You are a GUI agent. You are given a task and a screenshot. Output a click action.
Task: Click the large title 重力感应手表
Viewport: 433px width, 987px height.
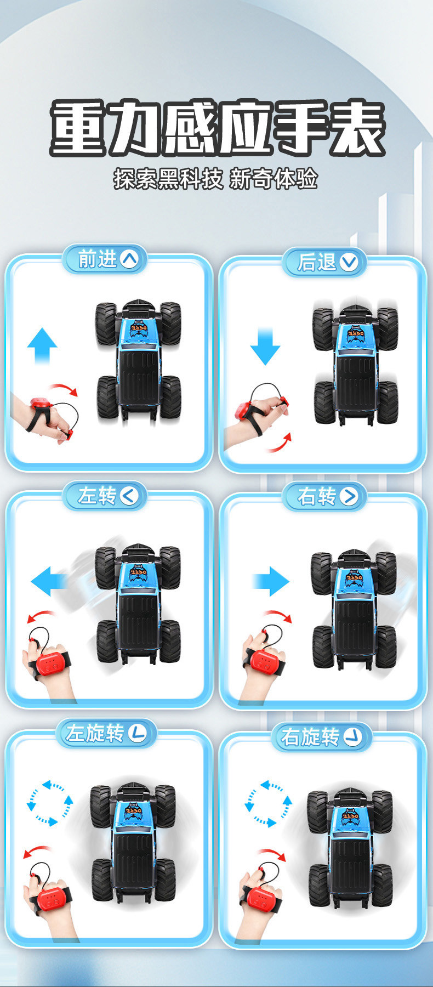click(218, 128)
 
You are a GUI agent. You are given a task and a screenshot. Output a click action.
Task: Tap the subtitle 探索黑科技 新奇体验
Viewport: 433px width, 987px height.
click(216, 179)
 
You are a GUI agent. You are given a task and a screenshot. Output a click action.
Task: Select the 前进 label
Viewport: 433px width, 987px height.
click(98, 259)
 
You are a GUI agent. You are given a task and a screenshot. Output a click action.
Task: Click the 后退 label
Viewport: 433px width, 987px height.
click(316, 262)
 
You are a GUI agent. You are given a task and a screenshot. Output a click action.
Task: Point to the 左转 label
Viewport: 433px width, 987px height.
click(97, 496)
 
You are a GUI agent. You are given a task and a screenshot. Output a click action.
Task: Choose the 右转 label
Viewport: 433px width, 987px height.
click(316, 496)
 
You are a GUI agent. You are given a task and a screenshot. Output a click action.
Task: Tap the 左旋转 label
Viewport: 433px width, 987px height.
click(94, 733)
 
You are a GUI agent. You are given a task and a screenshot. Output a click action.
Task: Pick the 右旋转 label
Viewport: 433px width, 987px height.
click(310, 737)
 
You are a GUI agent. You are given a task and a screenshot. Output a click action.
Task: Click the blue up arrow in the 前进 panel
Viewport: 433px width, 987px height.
click(42, 346)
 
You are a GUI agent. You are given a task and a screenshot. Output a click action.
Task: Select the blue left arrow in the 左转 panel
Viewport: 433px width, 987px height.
click(49, 581)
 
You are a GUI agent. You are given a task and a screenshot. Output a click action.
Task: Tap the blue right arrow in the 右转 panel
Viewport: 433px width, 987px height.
click(270, 581)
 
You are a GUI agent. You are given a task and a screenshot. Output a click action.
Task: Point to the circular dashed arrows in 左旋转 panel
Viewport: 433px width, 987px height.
click(50, 803)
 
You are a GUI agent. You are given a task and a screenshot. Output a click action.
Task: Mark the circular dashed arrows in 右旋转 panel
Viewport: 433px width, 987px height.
click(269, 803)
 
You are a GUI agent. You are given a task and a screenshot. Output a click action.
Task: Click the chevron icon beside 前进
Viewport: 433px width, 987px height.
click(129, 259)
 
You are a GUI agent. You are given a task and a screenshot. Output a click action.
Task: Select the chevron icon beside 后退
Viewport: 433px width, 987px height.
click(349, 262)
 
